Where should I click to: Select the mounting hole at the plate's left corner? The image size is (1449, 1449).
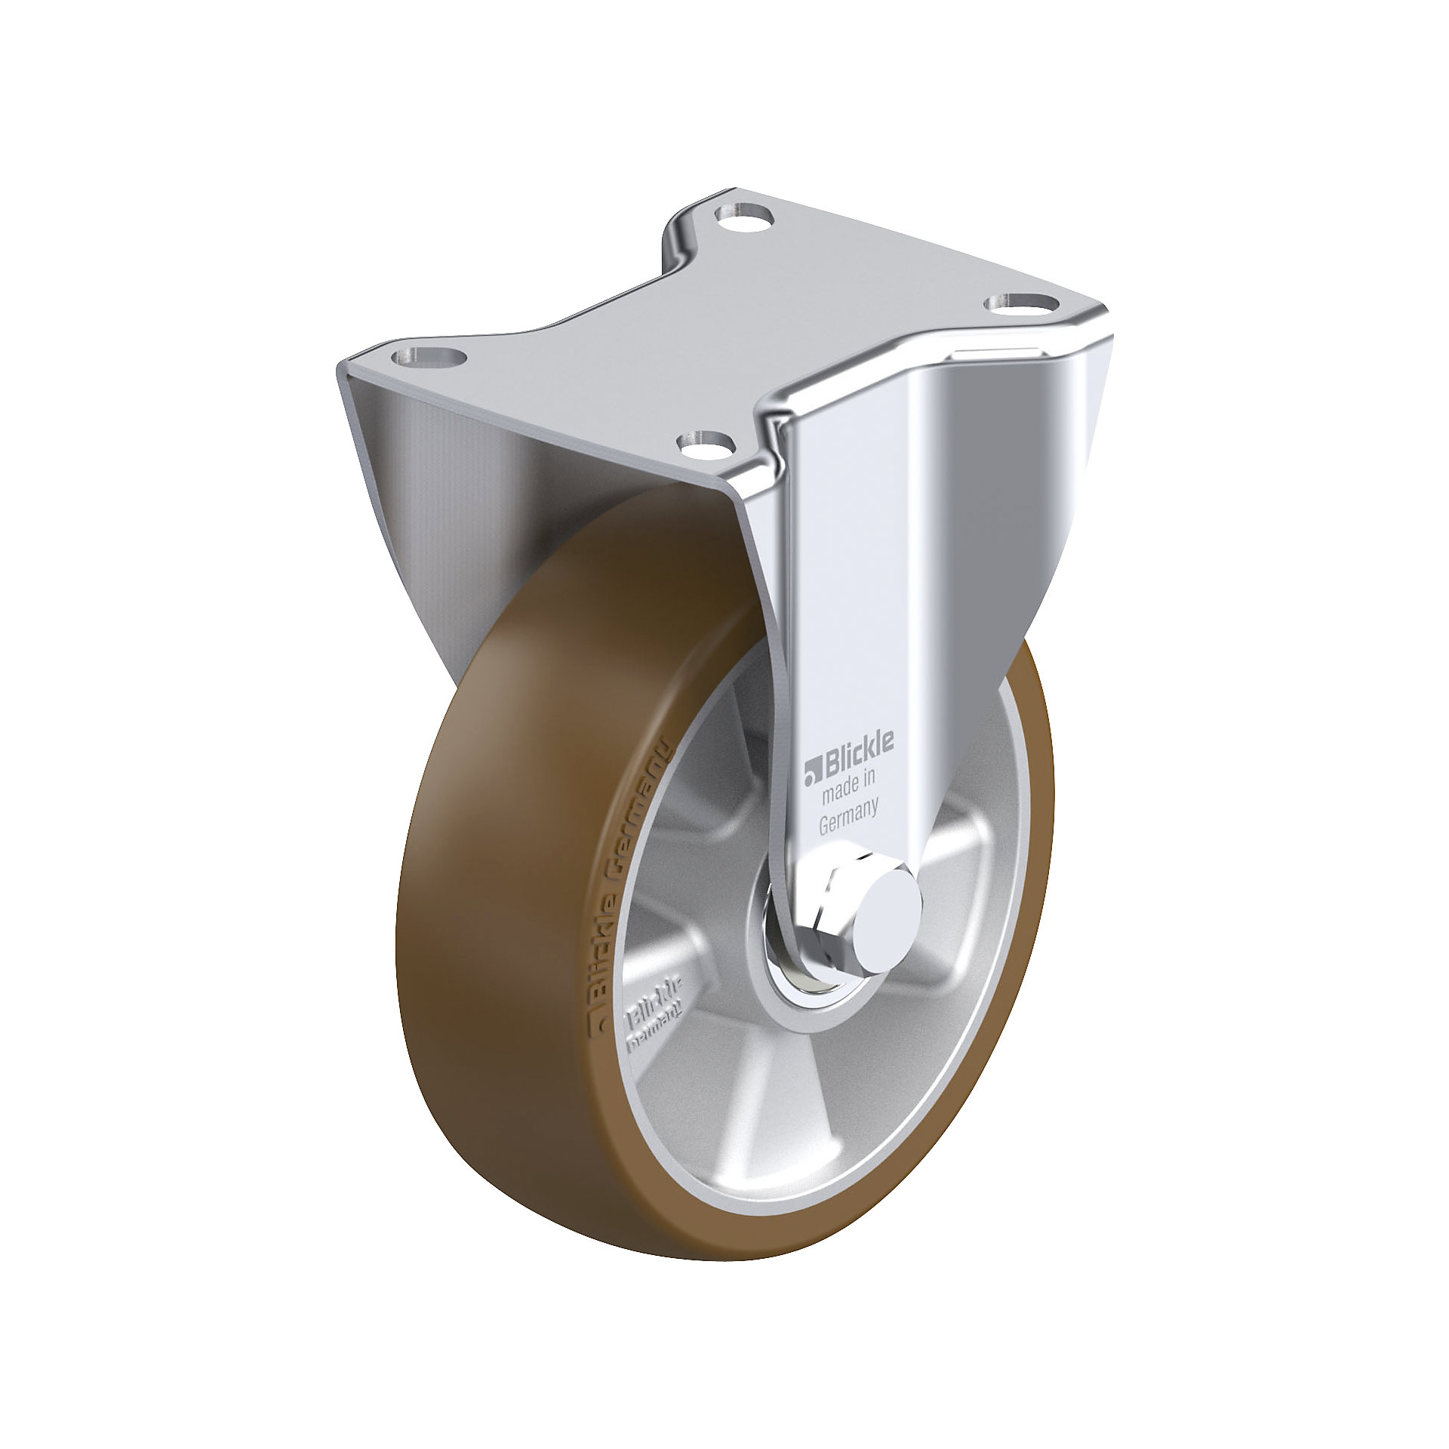tap(429, 355)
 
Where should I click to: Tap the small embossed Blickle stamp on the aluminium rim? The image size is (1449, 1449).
tap(654, 1014)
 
